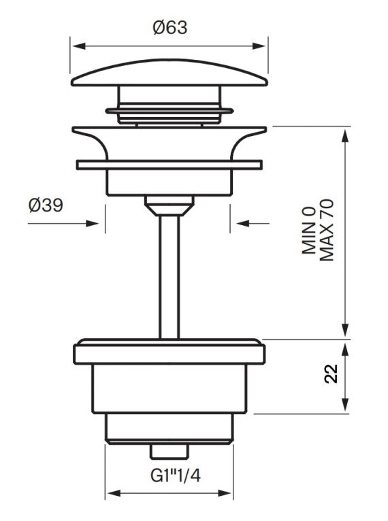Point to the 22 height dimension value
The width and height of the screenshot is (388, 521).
[x=332, y=375]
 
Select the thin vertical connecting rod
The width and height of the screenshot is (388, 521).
[x=169, y=279]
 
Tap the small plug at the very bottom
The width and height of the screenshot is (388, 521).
[x=169, y=452]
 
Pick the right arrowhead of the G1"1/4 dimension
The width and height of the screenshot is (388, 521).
[x=229, y=494]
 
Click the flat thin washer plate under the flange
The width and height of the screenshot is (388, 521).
[x=169, y=165]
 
